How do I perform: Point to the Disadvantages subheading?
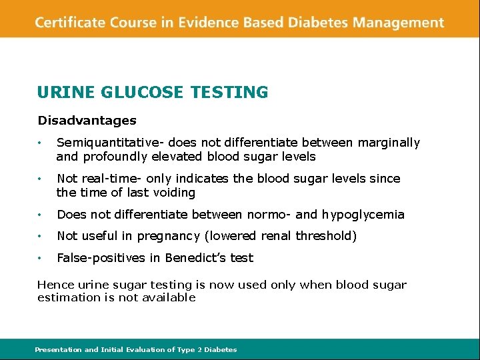pyautogui.click(x=87, y=121)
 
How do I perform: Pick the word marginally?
pyautogui.click(x=389, y=143)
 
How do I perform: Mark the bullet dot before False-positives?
pyautogui.click(x=41, y=258)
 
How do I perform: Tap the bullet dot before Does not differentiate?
pyautogui.click(x=41, y=215)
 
